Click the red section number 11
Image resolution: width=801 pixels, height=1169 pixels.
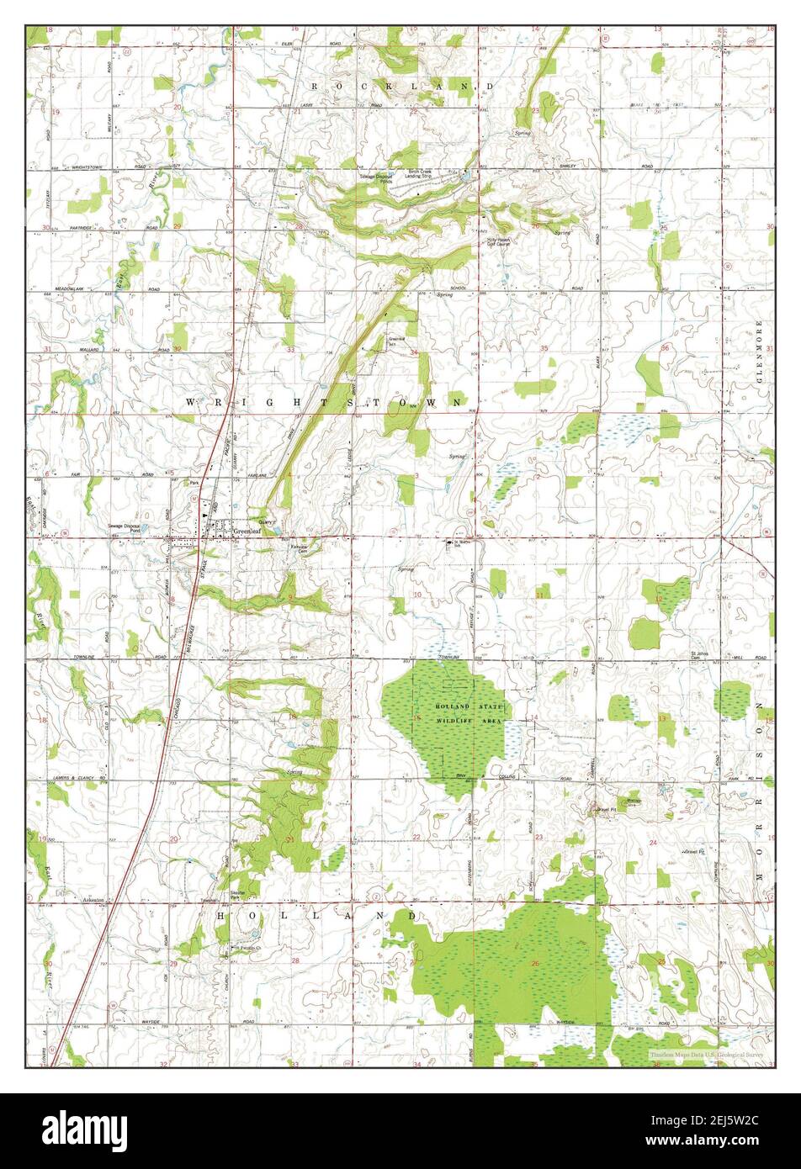[538, 595]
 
